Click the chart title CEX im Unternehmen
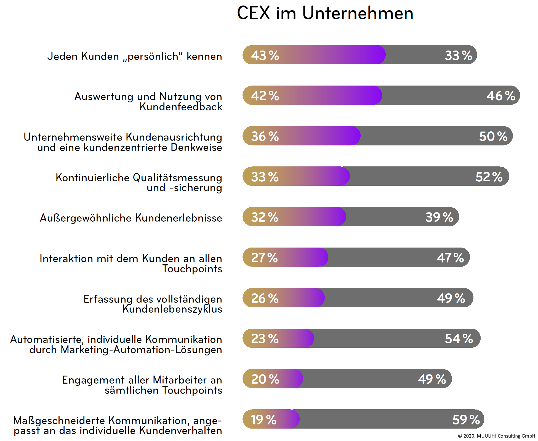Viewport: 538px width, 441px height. [325, 13]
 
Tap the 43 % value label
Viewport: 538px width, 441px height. [265, 55]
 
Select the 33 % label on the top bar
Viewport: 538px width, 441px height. [458, 55]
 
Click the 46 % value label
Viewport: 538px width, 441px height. [500, 96]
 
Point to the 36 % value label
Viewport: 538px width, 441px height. [265, 136]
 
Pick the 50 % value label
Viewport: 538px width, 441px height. [493, 136]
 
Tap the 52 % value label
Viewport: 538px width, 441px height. [489, 177]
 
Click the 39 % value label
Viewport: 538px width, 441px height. [439, 217]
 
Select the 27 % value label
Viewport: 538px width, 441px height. [264, 258]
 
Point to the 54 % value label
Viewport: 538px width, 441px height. [459, 339]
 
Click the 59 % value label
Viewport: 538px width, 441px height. [466, 420]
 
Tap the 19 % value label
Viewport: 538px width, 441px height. [263, 420]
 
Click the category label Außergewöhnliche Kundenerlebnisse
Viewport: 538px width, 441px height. [131, 218]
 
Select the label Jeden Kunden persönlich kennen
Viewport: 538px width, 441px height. [135, 56]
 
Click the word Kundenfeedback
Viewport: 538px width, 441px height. [181, 107]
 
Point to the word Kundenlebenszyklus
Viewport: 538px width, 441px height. [172, 309]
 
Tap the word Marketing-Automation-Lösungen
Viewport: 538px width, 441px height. [141, 350]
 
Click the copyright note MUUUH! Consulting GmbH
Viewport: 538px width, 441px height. [496, 436]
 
